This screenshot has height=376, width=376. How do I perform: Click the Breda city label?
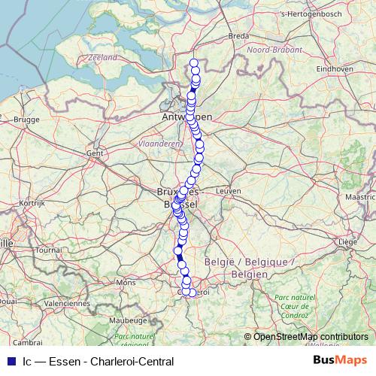(x=238, y=35)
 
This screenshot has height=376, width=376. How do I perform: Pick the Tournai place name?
(x=48, y=249)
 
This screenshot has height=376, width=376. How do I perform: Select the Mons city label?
(x=124, y=283)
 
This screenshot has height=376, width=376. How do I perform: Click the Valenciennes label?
(x=66, y=303)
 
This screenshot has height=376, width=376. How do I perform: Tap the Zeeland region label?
(x=102, y=57)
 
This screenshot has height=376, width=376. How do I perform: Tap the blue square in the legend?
(x=11, y=361)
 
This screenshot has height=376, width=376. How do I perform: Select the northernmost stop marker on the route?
(x=194, y=62)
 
